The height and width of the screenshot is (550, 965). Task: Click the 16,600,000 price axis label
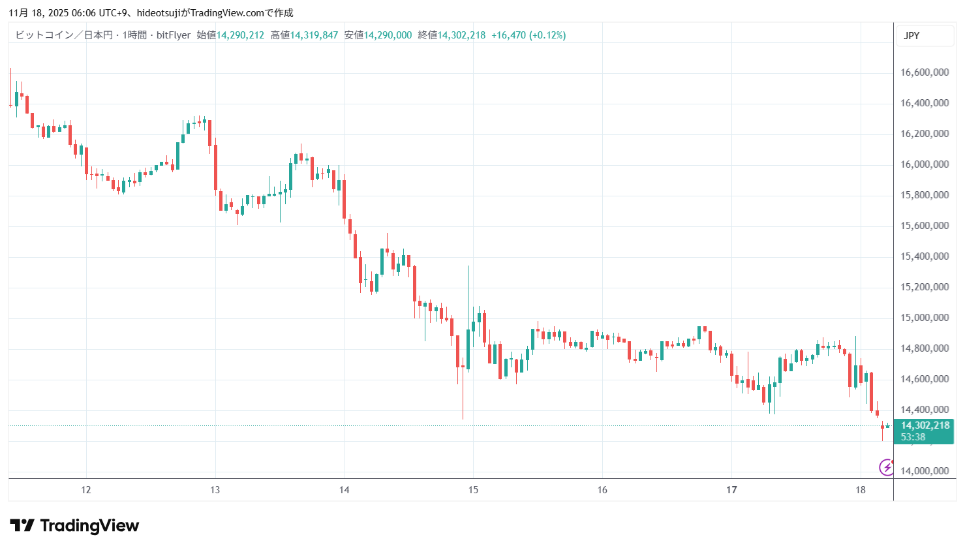924,72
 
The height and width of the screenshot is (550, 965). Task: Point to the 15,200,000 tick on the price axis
924,287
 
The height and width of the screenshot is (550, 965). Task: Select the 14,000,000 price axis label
924,471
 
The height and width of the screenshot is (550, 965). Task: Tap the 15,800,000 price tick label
924,195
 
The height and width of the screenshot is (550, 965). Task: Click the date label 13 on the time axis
215,490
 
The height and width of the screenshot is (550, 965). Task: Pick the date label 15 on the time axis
473,490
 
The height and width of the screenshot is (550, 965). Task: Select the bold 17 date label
731,490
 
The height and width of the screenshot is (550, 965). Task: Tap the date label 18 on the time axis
861,490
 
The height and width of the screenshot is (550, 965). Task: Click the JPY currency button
911,36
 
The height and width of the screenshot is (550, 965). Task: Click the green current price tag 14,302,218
925,425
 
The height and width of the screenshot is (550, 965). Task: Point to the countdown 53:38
913,437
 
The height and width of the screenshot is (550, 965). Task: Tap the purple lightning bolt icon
886,467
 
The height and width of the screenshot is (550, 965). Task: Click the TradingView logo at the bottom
74,526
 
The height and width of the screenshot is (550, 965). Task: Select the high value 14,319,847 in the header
314,35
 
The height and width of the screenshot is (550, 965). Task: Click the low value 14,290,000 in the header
388,35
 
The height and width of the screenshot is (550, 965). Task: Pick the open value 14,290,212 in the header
240,35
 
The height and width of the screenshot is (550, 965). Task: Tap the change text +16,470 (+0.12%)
528,35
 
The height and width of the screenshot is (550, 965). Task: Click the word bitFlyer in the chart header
174,35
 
